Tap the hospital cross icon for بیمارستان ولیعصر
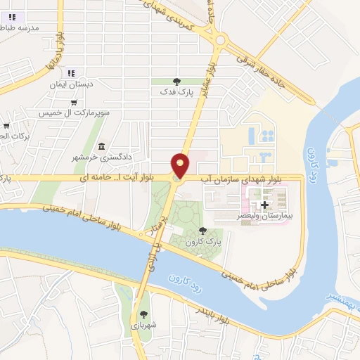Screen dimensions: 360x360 pyautogui.click(x=264, y=205)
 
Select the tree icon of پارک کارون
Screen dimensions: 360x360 pyautogui.click(x=203, y=231)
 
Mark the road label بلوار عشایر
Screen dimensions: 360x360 pyautogui.click(x=205, y=82)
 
